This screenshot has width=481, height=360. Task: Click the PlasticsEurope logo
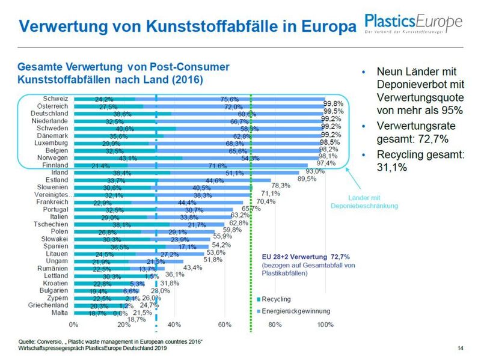point(414,24)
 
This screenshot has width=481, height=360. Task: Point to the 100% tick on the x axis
point(325,325)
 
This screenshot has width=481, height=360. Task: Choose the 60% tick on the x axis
point(224,325)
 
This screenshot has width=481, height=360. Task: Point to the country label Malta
point(60,312)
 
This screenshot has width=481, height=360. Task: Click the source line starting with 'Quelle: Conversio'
point(110,342)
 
